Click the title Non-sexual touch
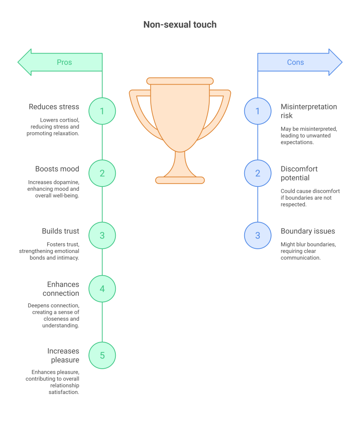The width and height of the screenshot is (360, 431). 180,24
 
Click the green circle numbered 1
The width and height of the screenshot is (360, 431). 102,111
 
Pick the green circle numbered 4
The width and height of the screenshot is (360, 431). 102,289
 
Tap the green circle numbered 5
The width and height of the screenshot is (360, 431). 102,355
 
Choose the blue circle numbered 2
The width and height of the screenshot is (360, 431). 258,173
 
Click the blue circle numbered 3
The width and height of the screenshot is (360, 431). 258,236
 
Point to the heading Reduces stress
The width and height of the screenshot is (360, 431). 54,106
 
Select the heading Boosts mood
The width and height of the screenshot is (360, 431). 57,169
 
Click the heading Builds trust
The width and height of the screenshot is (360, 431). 61,231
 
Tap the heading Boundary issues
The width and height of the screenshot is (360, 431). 308,231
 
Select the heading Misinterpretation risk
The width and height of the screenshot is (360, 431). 309,111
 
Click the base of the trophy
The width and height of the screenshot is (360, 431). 180,180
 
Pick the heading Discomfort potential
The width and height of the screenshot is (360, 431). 299,173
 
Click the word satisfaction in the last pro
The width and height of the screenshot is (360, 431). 64,392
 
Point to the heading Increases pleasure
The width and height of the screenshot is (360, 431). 63,355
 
